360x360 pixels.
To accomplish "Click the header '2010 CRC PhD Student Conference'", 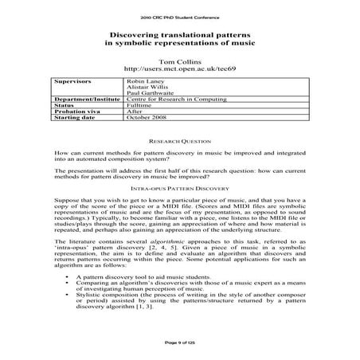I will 179,15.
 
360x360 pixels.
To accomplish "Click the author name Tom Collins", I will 179,61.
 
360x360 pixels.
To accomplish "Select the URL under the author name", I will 179,68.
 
